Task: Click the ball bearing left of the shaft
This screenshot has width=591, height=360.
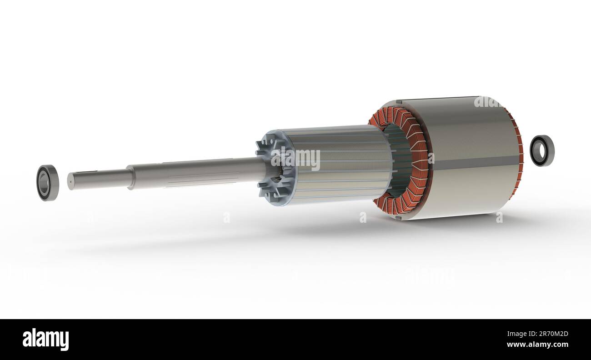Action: pyautogui.click(x=47, y=183)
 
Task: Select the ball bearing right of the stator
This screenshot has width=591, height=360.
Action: pyautogui.click(x=542, y=150)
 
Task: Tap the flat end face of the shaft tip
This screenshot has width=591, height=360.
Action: pyautogui.click(x=70, y=181)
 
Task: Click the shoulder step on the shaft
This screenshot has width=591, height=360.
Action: pyautogui.click(x=131, y=177)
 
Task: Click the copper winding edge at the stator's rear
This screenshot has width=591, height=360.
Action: pyautogui.click(x=519, y=155)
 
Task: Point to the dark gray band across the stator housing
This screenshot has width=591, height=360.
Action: pyautogui.click(x=473, y=161)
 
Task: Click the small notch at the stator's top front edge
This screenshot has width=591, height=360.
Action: pyautogui.click(x=398, y=102)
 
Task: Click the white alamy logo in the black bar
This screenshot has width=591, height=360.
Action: pyautogui.click(x=45, y=340)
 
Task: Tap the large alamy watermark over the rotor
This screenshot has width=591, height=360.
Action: pyautogui.click(x=295, y=159)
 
